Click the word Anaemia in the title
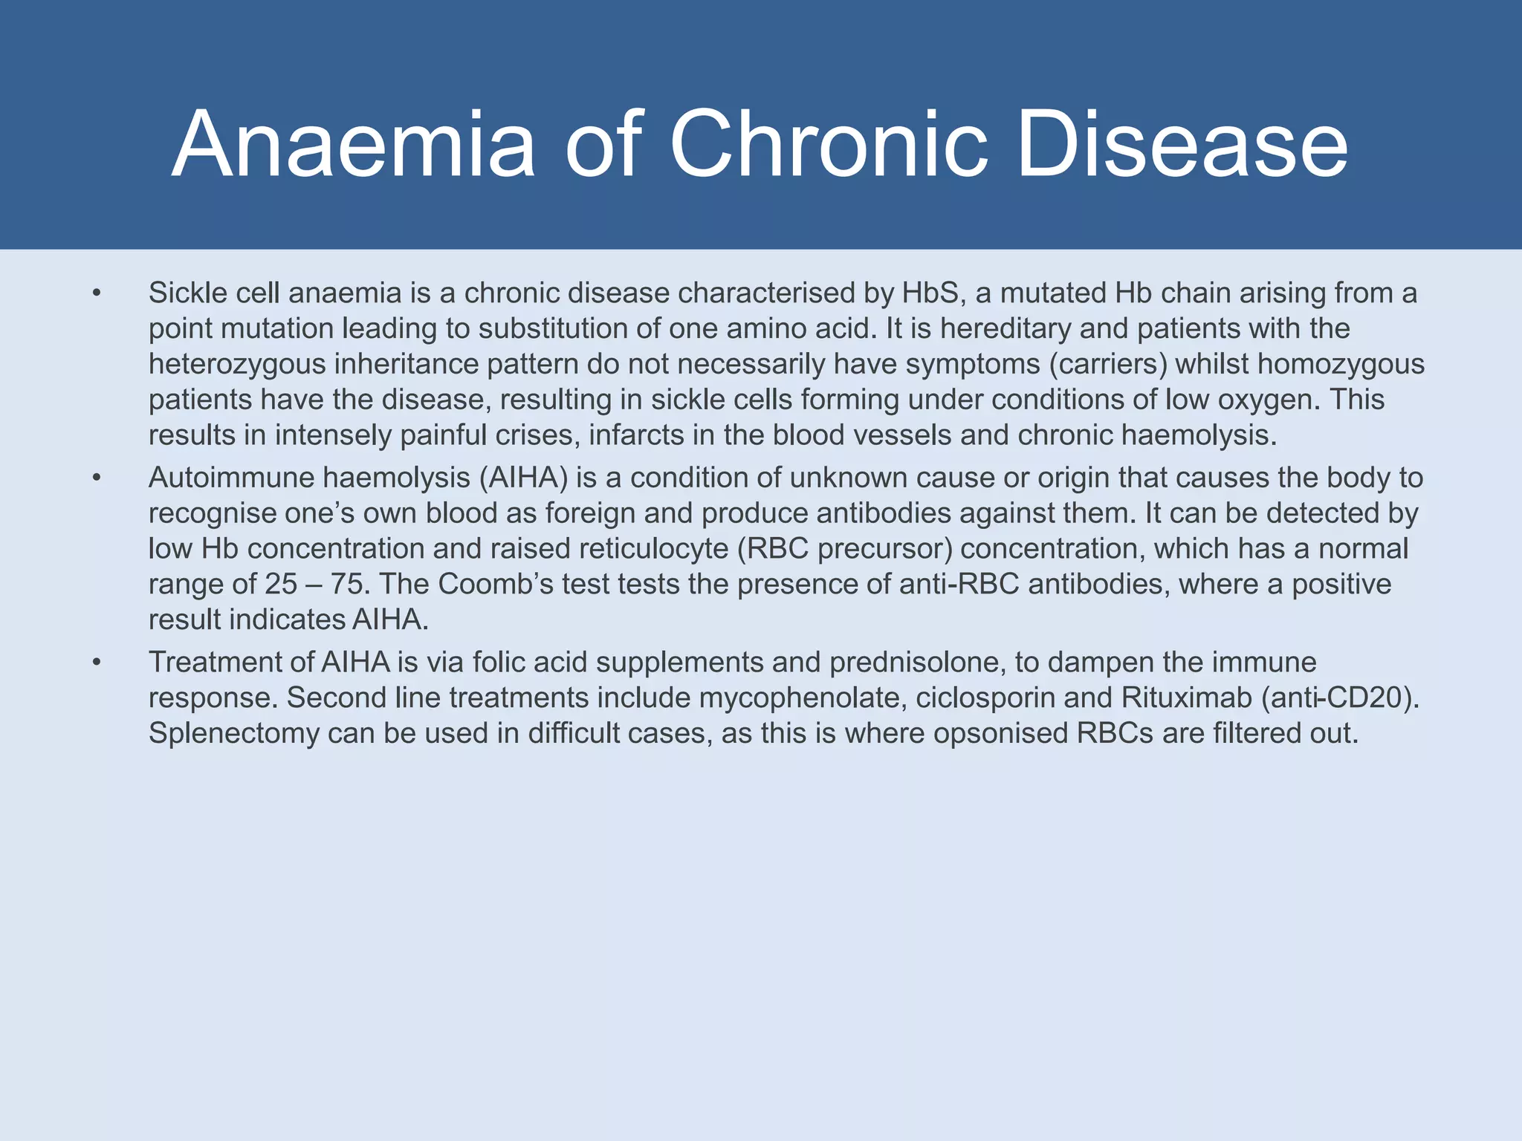tap(354, 145)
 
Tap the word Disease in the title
tap(1182, 145)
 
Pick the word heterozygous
tap(237, 365)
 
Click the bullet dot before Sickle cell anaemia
tap(96, 294)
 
